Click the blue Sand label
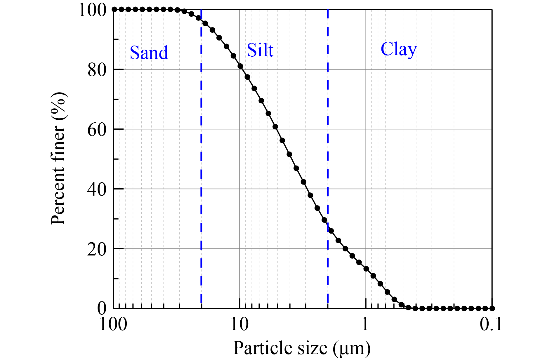click(x=149, y=53)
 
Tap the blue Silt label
click(x=260, y=50)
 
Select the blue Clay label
click(x=399, y=49)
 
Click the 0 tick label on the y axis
click(x=102, y=309)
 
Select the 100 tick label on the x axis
click(x=113, y=324)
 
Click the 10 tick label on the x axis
click(x=239, y=324)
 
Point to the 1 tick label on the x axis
click(x=365, y=324)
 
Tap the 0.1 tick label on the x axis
click(x=491, y=324)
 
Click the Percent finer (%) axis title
click(x=58, y=158)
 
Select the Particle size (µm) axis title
click(x=302, y=348)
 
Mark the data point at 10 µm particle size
click(x=240, y=66)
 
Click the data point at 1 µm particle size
click(x=366, y=269)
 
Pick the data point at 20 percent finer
click(x=346, y=249)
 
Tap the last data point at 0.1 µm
click(x=492, y=308)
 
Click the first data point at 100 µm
click(x=114, y=10)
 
